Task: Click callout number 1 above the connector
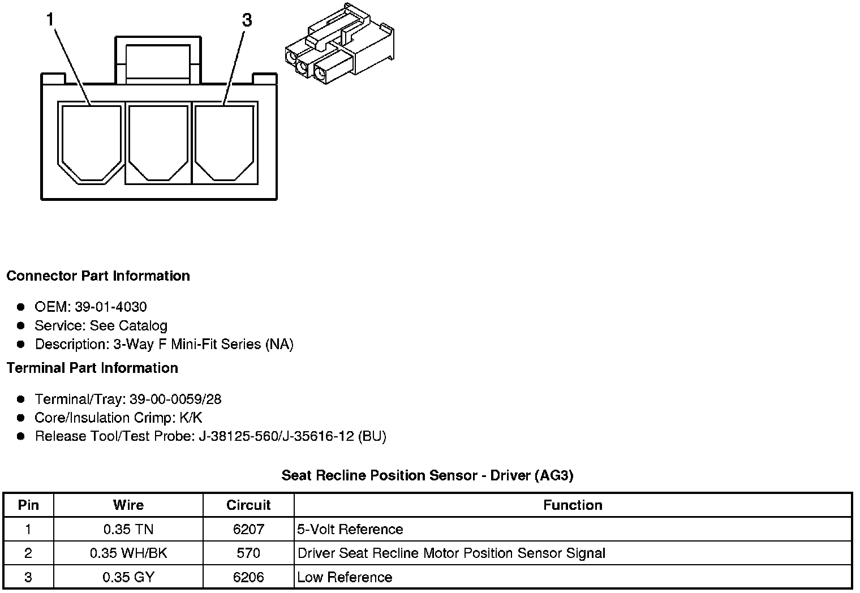50,20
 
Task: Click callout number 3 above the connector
247,20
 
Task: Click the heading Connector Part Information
98,276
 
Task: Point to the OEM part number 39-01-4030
111,307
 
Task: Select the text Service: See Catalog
101,326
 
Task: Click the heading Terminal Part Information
92,368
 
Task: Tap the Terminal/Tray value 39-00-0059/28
175,399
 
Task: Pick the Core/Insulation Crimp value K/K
190,418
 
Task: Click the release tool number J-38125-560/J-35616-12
276,437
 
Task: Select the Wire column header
128,505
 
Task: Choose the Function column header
573,505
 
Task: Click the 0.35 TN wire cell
128,530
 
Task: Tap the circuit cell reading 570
248,553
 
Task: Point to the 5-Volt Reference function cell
350,530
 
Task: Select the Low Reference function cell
345,578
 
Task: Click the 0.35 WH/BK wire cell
128,553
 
